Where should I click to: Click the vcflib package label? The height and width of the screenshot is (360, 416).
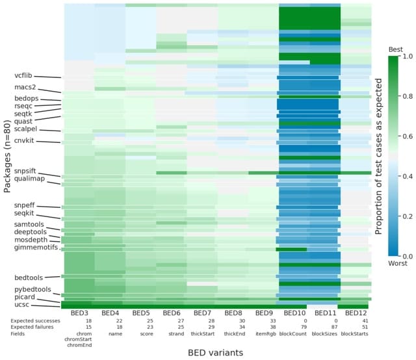(23, 75)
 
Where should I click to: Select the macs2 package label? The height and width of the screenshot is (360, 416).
(25, 87)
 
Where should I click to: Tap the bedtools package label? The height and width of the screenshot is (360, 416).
(27, 277)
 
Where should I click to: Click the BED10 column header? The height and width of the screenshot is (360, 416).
(294, 313)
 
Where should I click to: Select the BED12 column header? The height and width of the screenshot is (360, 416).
(356, 313)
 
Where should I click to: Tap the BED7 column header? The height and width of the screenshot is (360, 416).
(202, 313)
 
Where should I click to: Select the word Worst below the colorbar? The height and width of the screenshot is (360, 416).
(397, 264)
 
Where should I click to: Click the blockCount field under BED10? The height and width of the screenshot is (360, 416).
(294, 333)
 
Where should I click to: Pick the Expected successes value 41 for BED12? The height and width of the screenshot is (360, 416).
(356, 320)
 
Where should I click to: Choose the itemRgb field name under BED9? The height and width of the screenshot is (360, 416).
(263, 333)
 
